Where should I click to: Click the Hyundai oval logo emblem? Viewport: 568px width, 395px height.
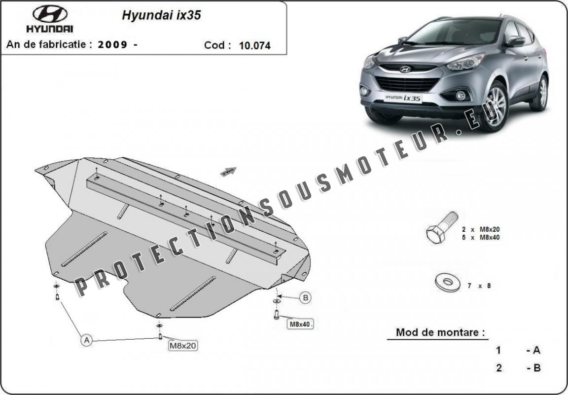point(50,14)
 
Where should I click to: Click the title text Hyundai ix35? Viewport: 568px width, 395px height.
point(161,15)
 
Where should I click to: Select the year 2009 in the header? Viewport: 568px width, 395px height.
point(112,44)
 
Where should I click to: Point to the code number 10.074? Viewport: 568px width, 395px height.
point(254,45)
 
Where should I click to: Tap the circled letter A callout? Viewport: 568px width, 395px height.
point(87,340)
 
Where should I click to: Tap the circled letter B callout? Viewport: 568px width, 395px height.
point(305,298)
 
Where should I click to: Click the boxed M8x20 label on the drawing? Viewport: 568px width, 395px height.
point(183,346)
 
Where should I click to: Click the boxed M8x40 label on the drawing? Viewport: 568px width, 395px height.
point(300,324)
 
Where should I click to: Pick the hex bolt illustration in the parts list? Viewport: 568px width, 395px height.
point(442,227)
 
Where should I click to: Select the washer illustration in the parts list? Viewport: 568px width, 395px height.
point(447,282)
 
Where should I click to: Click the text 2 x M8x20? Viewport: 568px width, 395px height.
point(481,229)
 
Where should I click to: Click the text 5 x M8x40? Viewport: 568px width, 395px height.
point(481,238)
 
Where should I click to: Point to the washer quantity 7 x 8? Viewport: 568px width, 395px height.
point(479,286)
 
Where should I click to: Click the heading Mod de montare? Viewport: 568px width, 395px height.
point(440,332)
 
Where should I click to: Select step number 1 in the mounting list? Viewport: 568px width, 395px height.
point(499,351)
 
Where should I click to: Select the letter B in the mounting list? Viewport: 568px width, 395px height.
point(537,368)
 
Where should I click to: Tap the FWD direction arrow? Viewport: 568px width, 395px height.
point(228,172)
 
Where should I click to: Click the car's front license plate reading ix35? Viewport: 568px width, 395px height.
point(403,98)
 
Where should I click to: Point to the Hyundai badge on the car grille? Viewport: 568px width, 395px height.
point(405,69)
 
